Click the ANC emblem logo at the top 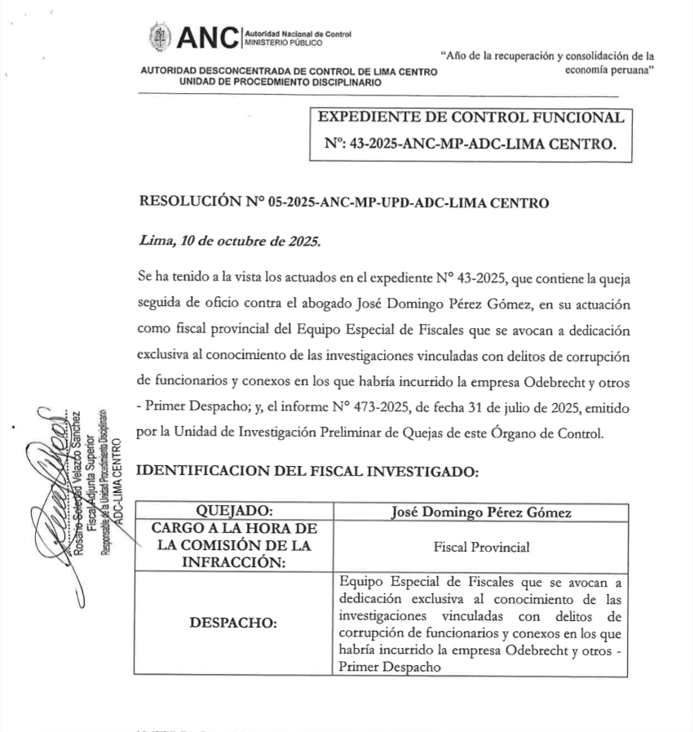pyautogui.click(x=160, y=37)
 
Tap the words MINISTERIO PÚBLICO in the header pyautogui.click(x=284, y=42)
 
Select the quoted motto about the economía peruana pyautogui.click(x=548, y=64)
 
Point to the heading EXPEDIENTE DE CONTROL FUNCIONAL pyautogui.click(x=476, y=118)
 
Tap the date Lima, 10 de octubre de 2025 pyautogui.click(x=230, y=242)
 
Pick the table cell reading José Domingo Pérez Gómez pyautogui.click(x=481, y=512)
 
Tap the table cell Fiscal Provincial pyautogui.click(x=481, y=547)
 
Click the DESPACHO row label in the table pyautogui.click(x=233, y=623)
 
